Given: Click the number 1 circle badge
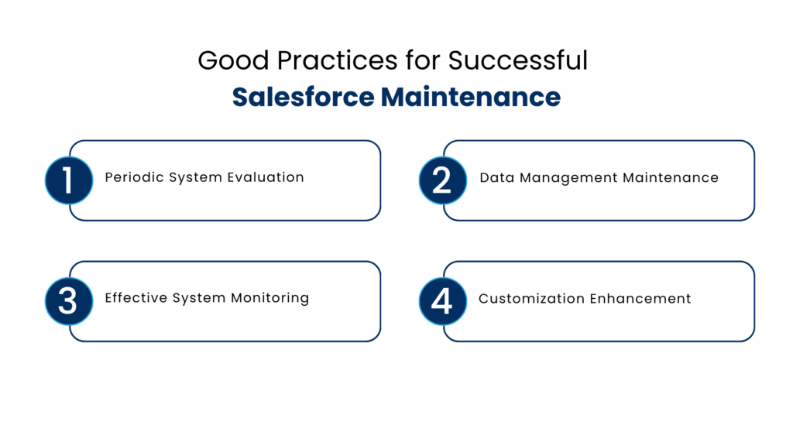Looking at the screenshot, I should coord(68,180).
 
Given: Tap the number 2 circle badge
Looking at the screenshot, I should coord(442,180).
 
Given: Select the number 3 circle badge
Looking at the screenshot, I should coord(68,301).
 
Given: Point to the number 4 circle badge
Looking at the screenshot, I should coord(442,301).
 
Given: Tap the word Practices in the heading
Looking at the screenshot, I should coord(316,60).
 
